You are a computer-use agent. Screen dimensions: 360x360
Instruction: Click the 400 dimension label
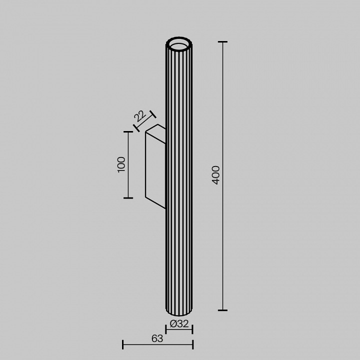215,175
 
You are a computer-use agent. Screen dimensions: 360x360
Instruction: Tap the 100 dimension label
121,164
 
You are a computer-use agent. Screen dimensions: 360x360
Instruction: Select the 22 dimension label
140,116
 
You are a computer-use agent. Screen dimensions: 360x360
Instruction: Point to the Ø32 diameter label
179,324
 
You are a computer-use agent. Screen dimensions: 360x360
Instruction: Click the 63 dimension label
157,338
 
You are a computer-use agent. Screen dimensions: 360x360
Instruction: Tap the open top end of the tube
179,45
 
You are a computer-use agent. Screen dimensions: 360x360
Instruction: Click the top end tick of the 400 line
222,42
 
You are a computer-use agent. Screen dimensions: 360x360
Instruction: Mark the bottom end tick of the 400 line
222,310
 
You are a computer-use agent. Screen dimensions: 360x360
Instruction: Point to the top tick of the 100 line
128,132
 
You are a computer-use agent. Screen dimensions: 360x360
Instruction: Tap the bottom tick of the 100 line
128,198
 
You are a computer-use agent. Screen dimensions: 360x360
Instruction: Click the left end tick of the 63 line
123,344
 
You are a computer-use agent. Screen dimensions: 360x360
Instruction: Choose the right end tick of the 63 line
192,344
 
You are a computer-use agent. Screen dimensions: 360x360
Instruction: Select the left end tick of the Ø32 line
166,329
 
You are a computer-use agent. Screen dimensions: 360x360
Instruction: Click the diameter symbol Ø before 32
172,324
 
